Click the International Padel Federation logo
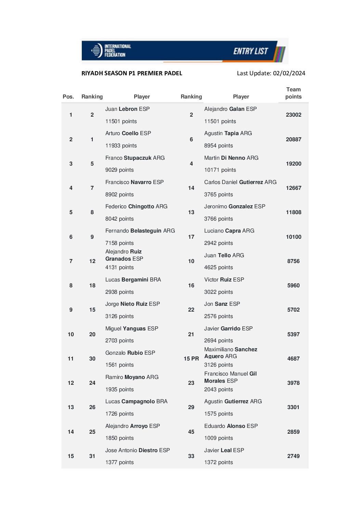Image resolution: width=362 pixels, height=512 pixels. [111, 51]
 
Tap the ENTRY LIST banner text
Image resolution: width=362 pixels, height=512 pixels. [250, 51]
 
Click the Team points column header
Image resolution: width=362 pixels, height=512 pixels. [293, 93]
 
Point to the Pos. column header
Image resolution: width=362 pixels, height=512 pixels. [68, 97]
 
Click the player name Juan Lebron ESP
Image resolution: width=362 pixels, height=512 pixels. [127, 109]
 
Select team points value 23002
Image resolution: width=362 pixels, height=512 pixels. [294, 115]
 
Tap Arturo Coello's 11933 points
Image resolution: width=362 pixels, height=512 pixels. [121, 146]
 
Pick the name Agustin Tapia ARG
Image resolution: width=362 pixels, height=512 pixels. [228, 133]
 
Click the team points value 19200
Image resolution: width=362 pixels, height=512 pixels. [294, 164]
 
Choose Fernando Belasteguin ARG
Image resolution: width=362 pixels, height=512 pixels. [140, 231]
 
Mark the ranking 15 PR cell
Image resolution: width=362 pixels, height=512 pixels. [191, 359]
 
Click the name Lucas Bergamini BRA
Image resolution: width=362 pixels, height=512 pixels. [133, 280]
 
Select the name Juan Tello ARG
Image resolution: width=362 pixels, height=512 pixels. [224, 255]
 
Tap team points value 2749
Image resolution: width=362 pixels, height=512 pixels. [293, 456]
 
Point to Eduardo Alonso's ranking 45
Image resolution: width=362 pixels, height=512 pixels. [191, 432]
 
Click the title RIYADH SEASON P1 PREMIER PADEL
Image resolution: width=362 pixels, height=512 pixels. [132, 73]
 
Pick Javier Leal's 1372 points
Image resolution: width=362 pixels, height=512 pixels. [218, 462]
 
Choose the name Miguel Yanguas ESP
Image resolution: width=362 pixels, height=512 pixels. [131, 329]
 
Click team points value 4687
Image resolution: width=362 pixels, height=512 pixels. [293, 359]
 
